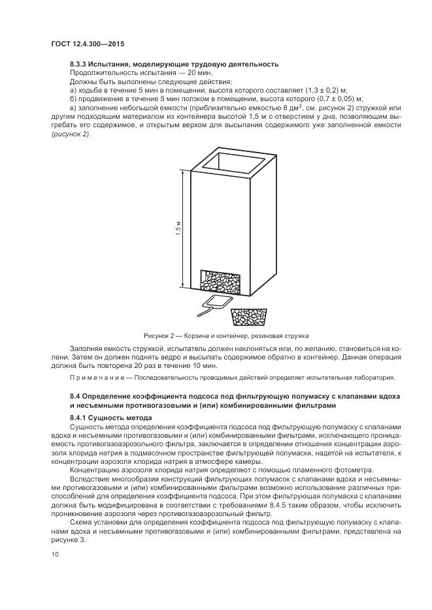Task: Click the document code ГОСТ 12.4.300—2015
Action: point(88,44)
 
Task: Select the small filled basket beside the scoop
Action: point(249,317)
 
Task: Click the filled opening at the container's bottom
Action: point(220,281)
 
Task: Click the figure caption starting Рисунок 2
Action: point(225,335)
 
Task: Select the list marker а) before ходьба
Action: point(73,89)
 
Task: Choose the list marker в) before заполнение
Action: point(73,107)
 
